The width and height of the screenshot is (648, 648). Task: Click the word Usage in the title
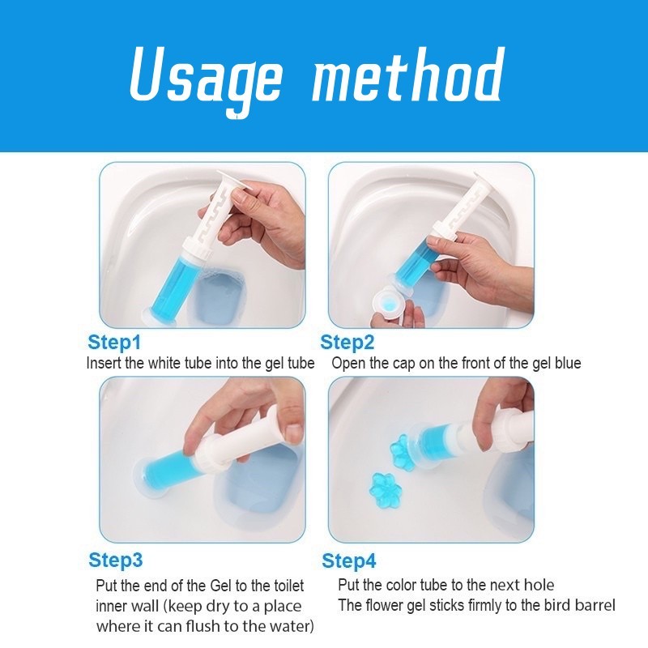(206, 80)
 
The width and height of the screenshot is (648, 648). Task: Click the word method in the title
(408, 75)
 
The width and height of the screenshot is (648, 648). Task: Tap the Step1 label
(114, 342)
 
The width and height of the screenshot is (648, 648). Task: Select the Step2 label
(347, 342)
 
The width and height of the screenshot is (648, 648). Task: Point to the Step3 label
(115, 560)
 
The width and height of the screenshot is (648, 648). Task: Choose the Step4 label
(349, 561)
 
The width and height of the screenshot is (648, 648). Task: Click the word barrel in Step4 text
(591, 605)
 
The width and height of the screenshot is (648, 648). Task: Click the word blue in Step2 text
(568, 363)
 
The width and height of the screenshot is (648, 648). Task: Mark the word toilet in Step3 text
(289, 586)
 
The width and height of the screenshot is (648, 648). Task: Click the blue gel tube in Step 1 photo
(168, 285)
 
